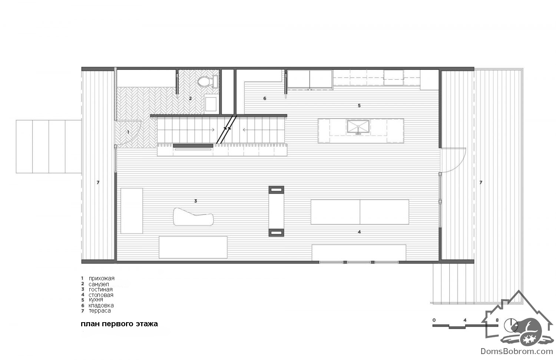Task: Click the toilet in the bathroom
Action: coord(208,82)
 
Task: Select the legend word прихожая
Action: coord(102,278)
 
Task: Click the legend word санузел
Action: coord(99,284)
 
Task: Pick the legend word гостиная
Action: coord(100,290)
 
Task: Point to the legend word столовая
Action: coord(101,295)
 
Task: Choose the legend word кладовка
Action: coord(101,305)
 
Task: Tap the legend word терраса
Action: coord(100,311)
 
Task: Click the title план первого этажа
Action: coord(119,324)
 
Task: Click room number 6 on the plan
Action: coord(265,99)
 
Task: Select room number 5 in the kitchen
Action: coord(359,106)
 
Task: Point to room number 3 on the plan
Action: coord(196,201)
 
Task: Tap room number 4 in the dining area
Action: coord(359,232)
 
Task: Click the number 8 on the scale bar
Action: coord(497,320)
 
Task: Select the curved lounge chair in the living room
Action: coord(193,217)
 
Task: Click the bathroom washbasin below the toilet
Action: coord(211,104)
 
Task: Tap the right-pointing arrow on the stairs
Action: coord(213,130)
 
